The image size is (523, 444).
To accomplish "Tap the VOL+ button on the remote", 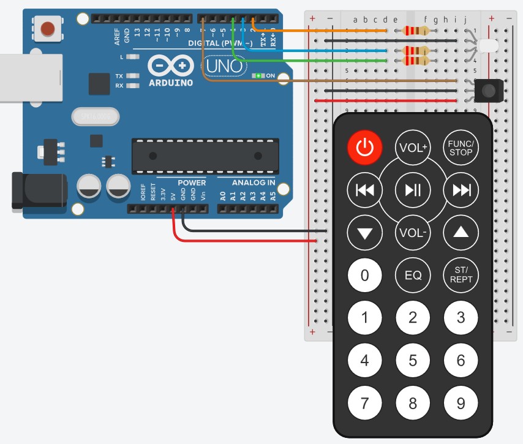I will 413,148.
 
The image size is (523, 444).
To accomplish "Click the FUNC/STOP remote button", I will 461,148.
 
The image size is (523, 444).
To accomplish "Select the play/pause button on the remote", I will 413,190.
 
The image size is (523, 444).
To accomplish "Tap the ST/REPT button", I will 461,274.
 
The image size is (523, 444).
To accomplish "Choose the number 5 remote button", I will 413,360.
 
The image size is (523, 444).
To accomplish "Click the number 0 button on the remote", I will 365,274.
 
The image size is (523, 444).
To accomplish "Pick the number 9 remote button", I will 461,403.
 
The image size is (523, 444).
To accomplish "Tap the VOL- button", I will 413,233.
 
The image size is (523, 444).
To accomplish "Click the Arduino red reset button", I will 48,28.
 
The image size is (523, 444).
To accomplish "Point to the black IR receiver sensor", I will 488,91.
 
